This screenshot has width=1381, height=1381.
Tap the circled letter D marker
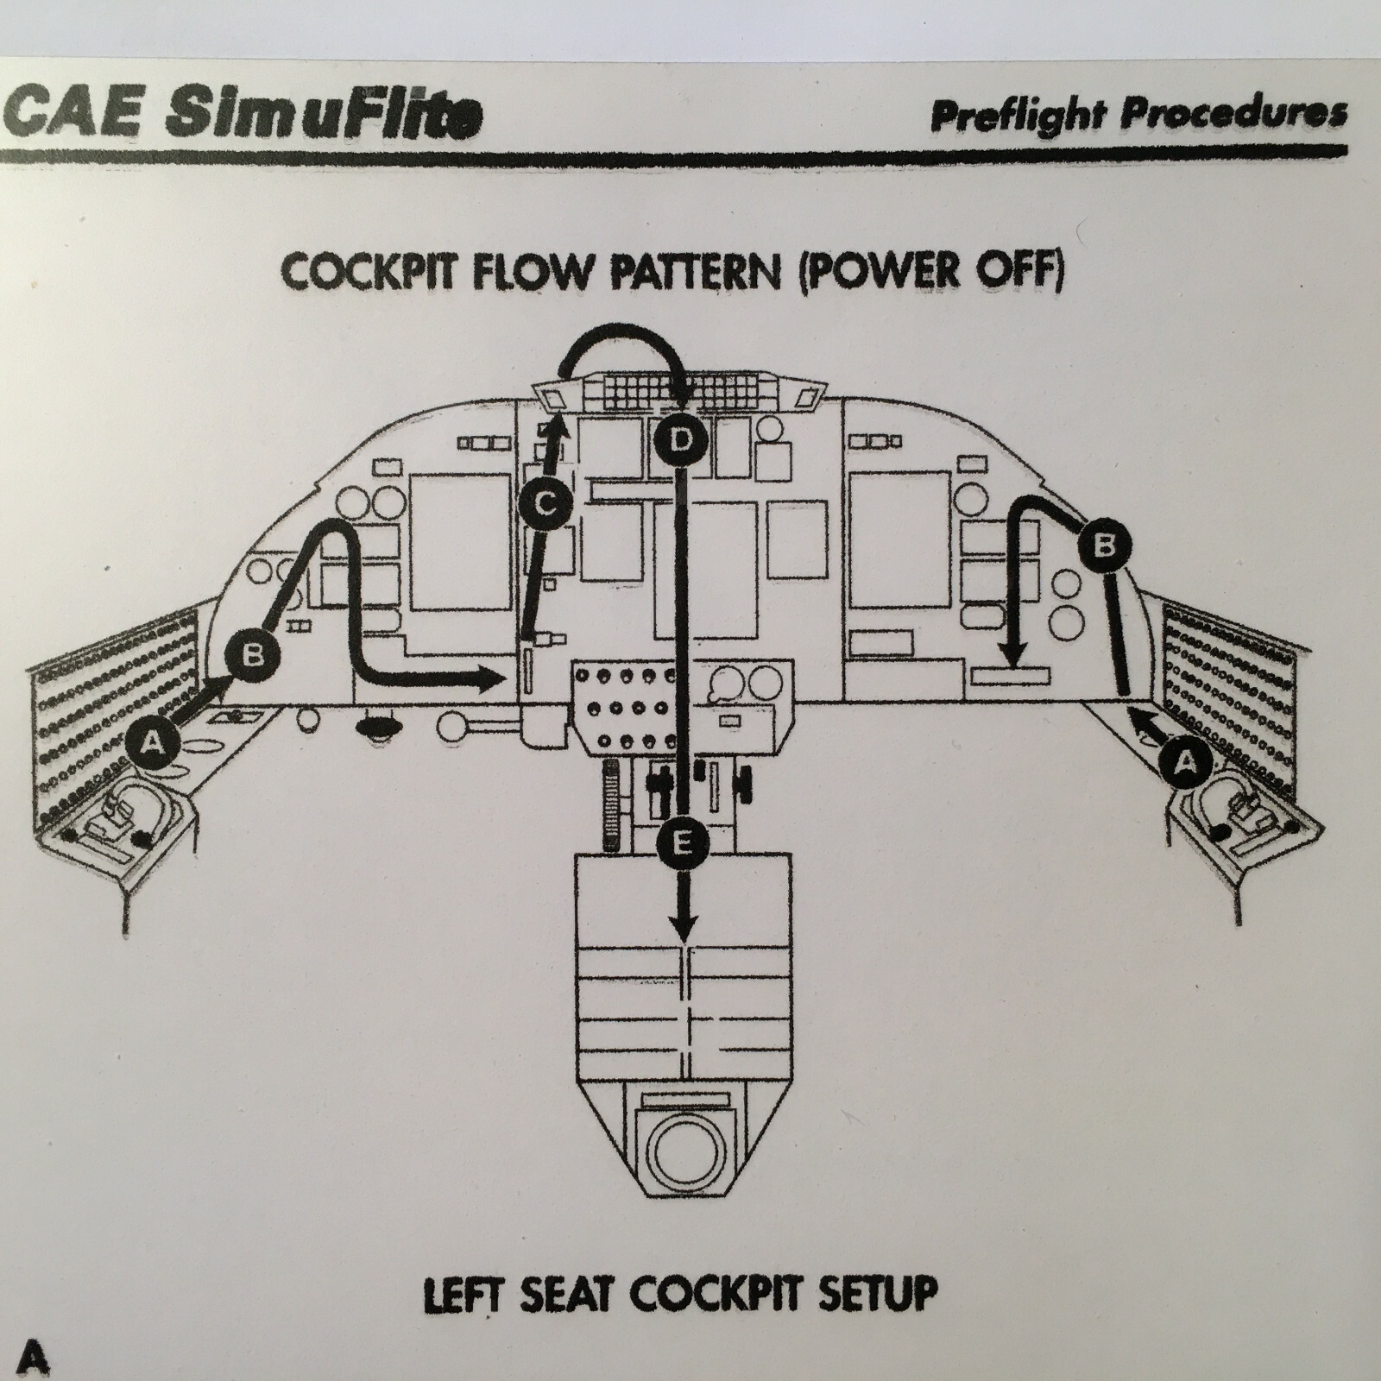[681, 440]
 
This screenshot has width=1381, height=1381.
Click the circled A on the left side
[152, 741]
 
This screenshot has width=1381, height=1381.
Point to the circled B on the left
[252, 655]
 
